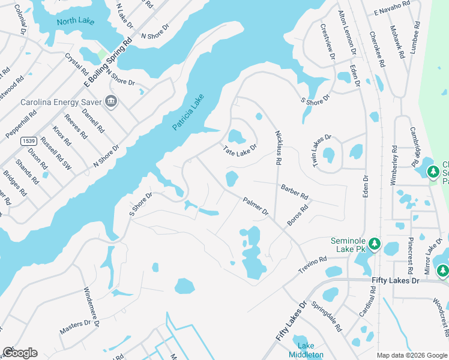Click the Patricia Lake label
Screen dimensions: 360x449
point(188,112)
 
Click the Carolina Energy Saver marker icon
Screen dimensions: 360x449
point(110,101)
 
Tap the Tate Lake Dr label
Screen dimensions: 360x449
point(240,149)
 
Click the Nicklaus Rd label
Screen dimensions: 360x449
point(279,148)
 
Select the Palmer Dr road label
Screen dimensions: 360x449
point(255,206)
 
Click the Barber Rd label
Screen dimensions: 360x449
point(294,192)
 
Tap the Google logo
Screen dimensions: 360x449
point(20,353)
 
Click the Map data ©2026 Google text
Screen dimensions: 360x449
point(411,355)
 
